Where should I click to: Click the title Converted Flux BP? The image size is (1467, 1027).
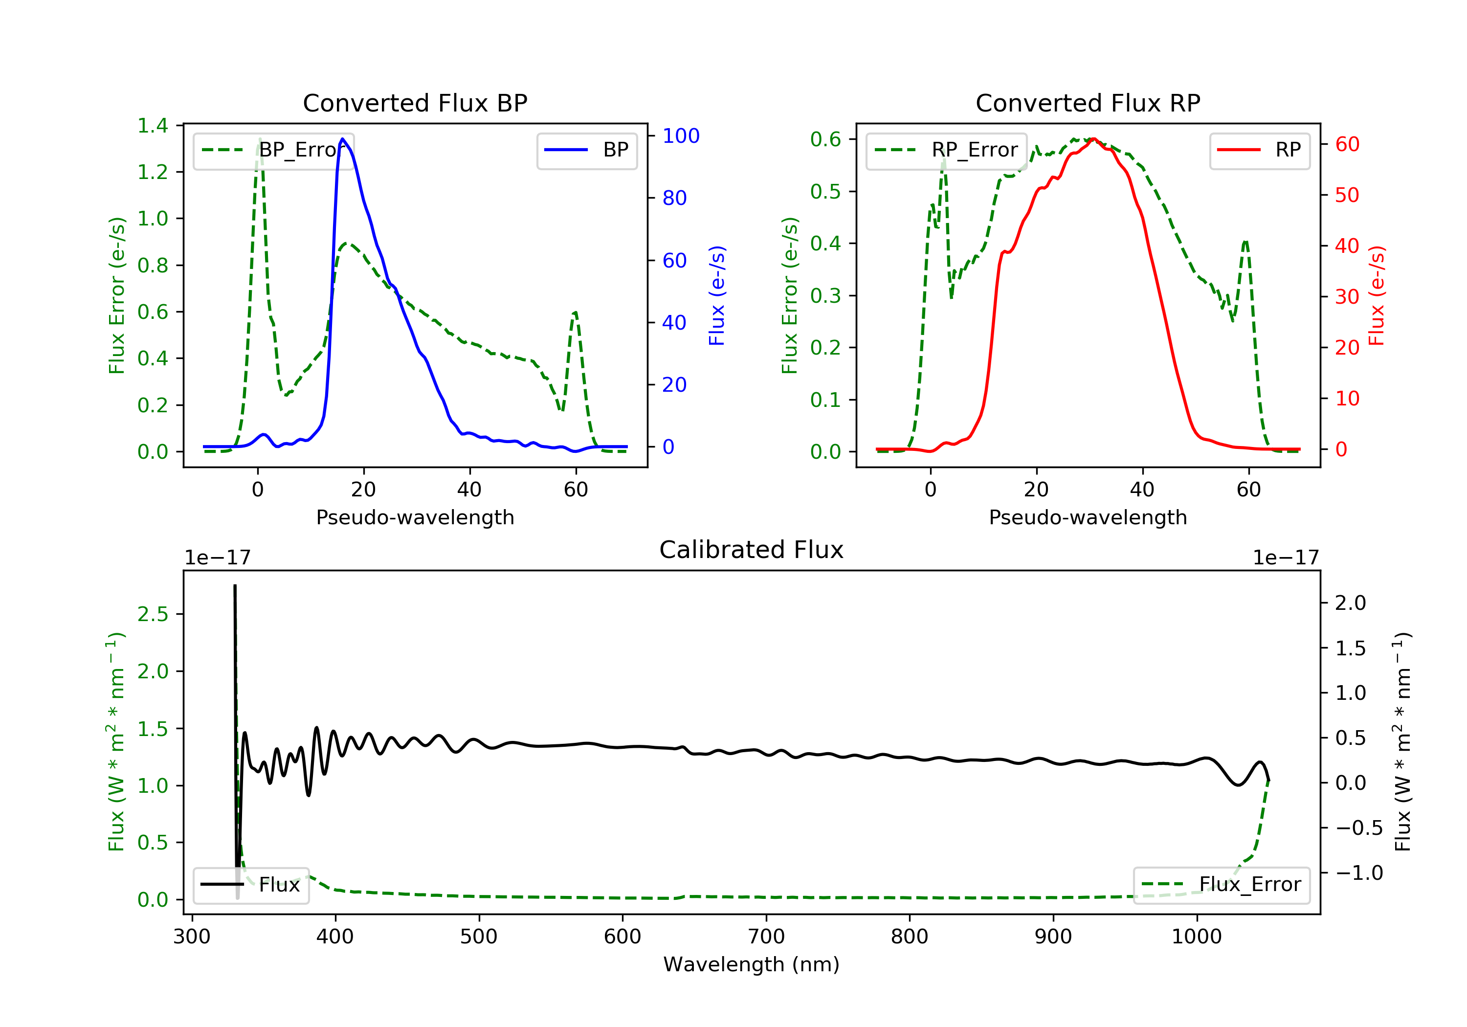coord(415,103)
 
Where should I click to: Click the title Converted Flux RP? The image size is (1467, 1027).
coord(1088,103)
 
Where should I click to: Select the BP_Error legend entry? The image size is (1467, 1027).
coord(273,150)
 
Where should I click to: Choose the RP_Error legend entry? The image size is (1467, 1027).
coord(946,150)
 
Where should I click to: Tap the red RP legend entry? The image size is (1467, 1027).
coord(1259,150)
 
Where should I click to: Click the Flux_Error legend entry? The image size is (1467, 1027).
coord(1221,885)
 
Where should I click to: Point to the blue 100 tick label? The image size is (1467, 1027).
coord(681,136)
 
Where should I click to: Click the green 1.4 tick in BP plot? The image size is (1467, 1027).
coord(153,126)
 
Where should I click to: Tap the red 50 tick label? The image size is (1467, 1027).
coord(1347,195)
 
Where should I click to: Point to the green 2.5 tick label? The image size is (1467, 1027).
coord(153,614)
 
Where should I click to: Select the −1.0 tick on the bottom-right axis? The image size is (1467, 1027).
coord(1358,873)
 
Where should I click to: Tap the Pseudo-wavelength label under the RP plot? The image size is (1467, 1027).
coord(1088,517)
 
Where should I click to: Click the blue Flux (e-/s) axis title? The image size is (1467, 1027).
coord(717,295)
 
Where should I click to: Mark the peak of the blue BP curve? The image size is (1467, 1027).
coord(342,139)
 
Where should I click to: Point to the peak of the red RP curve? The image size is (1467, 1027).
coord(1093,139)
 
